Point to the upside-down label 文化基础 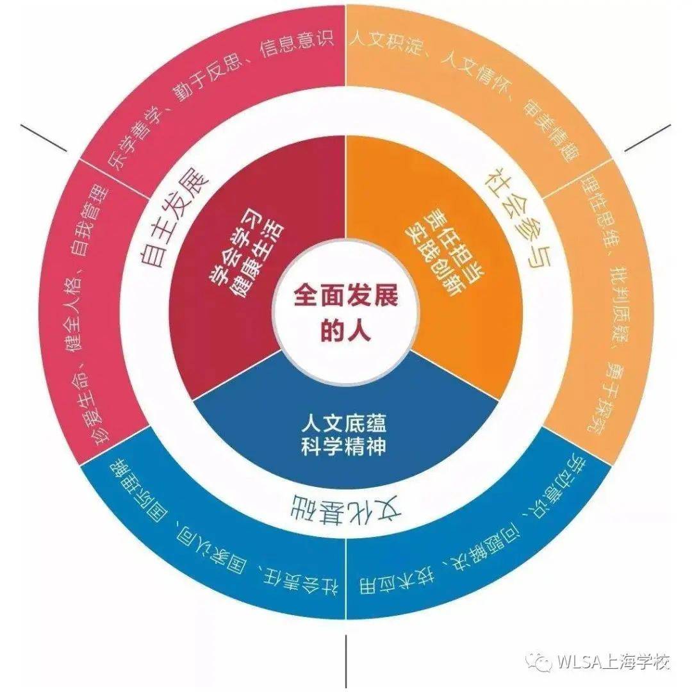pyautogui.click(x=347, y=507)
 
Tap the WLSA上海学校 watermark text pyautogui.click(x=613, y=661)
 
